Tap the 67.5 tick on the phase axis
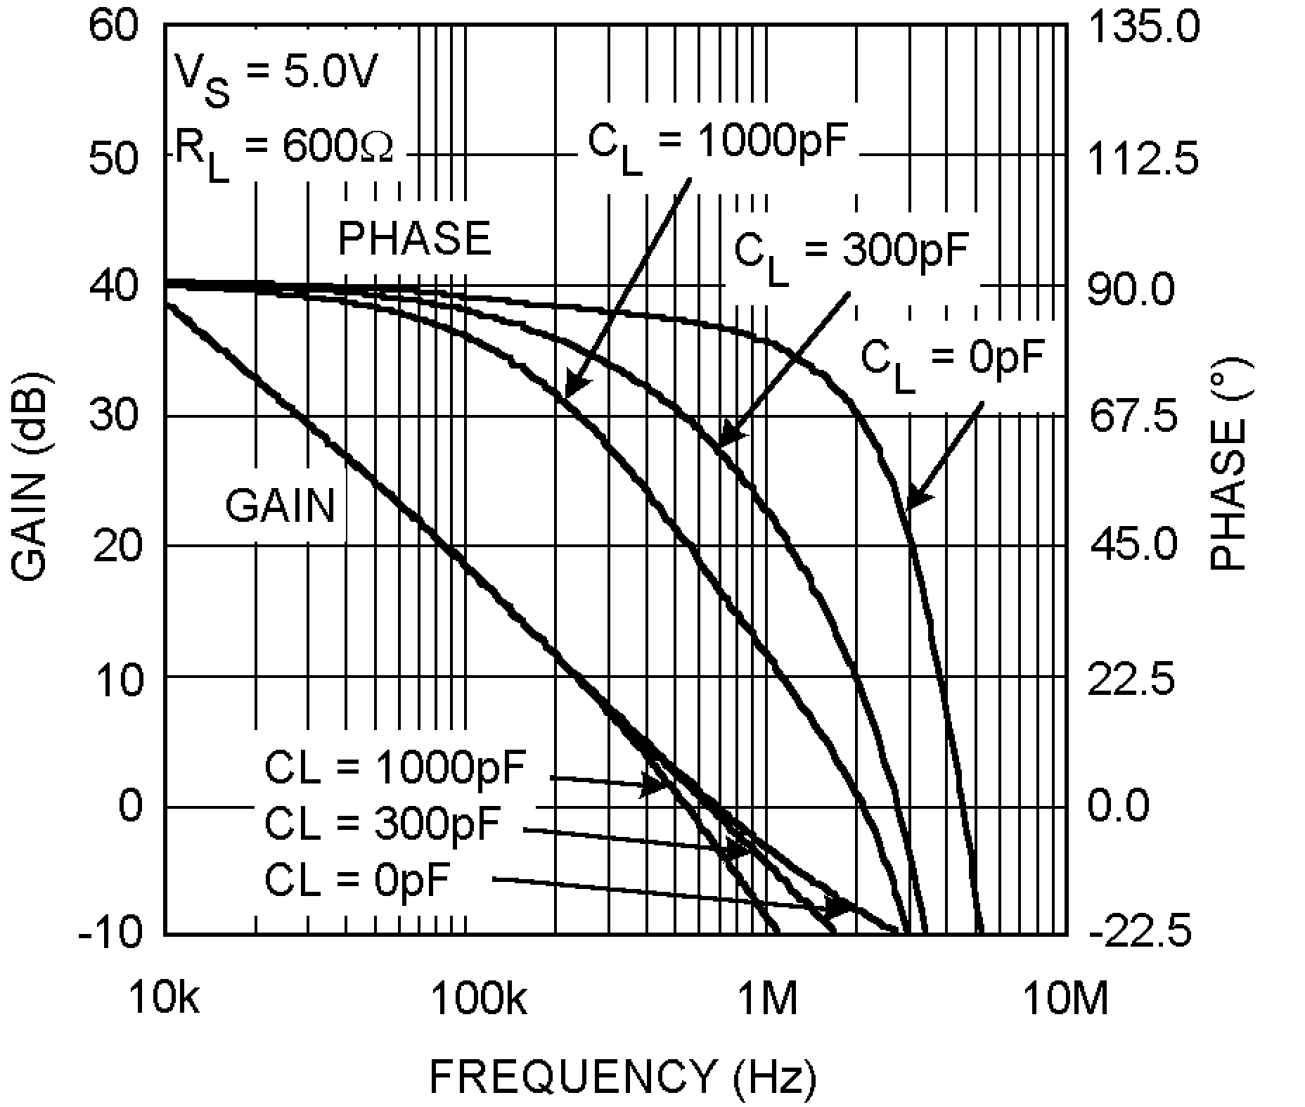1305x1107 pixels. coord(1133,416)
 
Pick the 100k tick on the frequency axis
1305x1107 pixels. coord(478,999)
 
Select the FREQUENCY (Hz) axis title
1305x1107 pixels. coord(623,1077)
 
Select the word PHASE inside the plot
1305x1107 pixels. coord(414,238)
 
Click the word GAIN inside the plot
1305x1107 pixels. coord(280,506)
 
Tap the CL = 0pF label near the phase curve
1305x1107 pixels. coord(953,362)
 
